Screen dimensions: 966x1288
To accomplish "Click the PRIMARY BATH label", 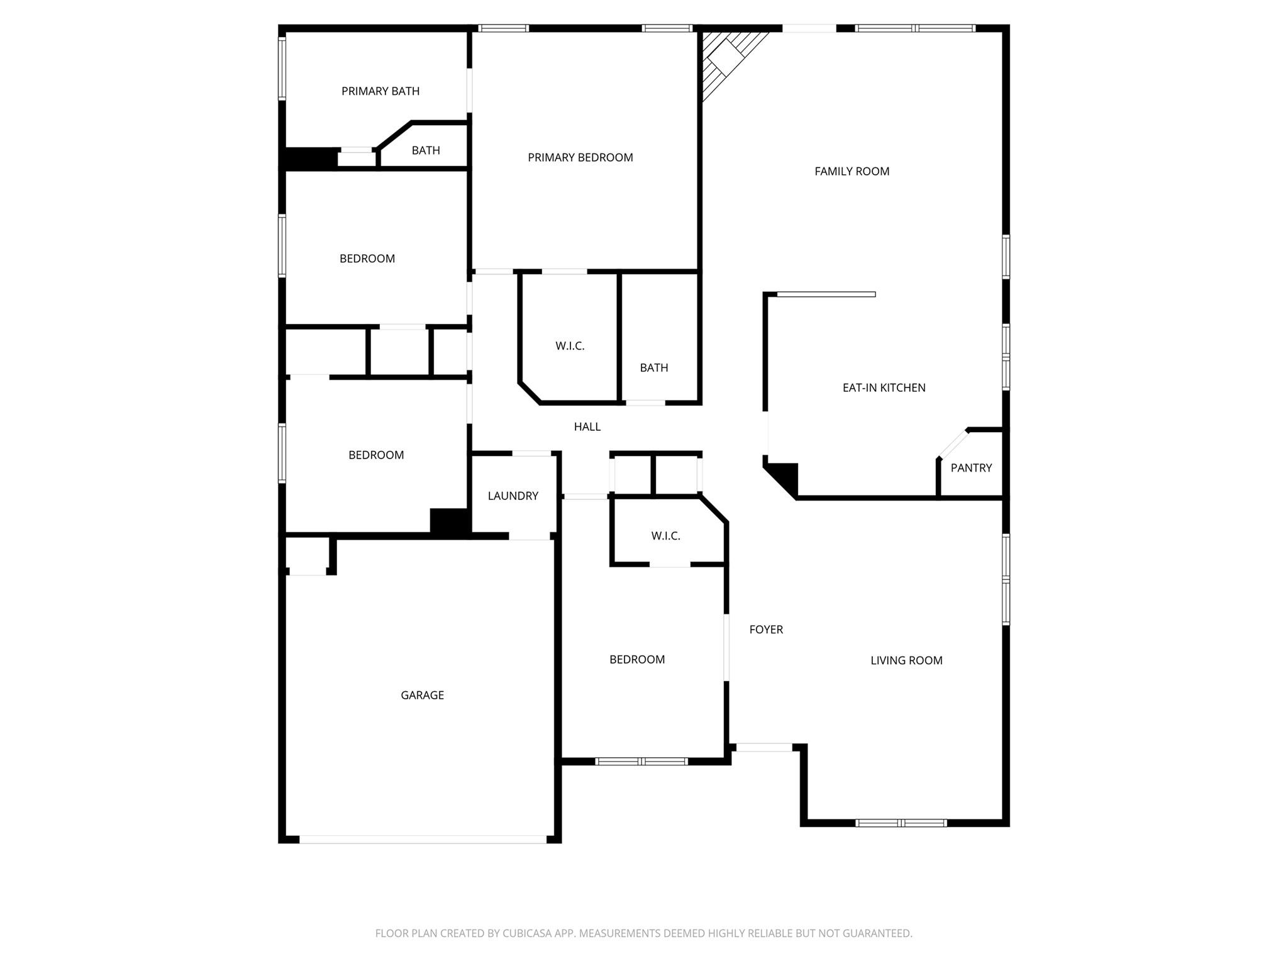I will [x=380, y=91].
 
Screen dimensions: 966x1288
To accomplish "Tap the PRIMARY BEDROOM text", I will [x=580, y=157].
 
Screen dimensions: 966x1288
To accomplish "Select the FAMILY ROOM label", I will [x=852, y=171].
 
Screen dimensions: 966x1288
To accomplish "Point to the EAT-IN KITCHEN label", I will [x=884, y=387].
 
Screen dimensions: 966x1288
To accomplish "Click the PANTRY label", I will [x=971, y=468].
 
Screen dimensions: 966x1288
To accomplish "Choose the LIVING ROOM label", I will [x=906, y=660].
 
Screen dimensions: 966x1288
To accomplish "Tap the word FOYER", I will [x=766, y=630].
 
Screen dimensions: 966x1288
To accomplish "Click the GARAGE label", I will [x=422, y=695].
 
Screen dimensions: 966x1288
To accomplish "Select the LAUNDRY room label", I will [x=513, y=496].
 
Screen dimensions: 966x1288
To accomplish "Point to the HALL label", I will [x=587, y=426].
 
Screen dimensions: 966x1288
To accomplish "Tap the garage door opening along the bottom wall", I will [x=423, y=839].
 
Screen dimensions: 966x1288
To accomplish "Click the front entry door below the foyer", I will [x=763, y=747].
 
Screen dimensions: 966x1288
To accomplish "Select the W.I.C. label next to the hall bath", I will [x=570, y=346].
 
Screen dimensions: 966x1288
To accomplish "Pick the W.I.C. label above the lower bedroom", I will [x=665, y=536].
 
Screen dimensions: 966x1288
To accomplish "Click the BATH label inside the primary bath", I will [x=426, y=150].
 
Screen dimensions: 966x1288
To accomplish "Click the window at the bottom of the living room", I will [x=901, y=823].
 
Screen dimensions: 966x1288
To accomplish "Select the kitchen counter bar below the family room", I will [x=826, y=294].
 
